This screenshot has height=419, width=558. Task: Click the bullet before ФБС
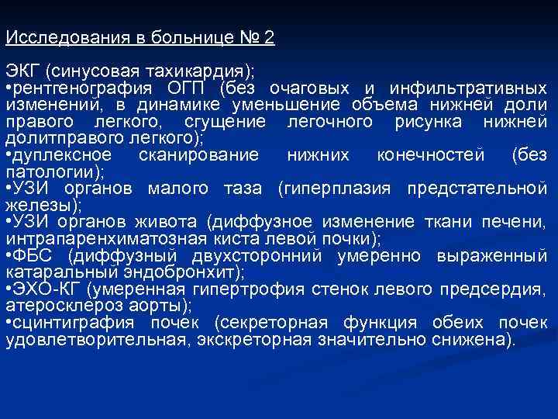point(9,255)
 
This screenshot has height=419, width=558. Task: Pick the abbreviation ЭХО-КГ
point(47,289)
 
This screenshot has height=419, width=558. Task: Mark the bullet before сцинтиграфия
point(9,323)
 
